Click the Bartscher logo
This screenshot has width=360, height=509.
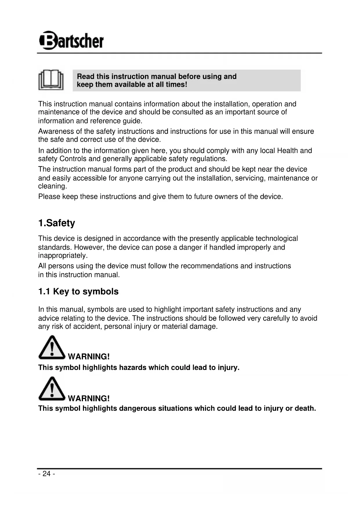71,41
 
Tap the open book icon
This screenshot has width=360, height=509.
51,80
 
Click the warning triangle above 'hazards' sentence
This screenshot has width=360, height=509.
52,348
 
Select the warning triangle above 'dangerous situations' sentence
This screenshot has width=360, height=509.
52,389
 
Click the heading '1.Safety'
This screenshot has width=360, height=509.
57,223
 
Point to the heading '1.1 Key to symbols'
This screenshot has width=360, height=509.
78,292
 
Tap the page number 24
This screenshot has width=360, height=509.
46,474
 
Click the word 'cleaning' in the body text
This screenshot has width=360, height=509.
52,186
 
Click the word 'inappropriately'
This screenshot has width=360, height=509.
63,256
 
